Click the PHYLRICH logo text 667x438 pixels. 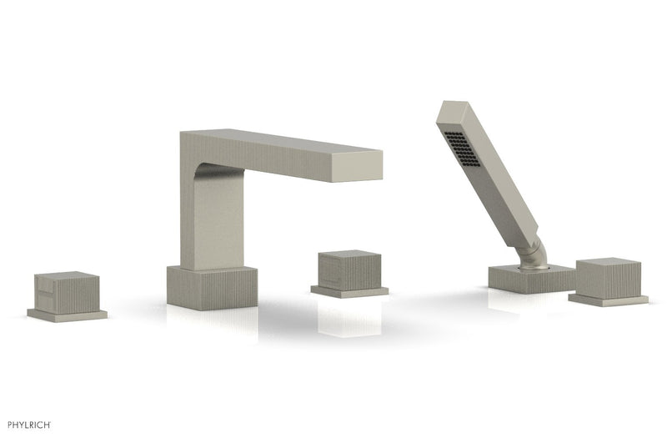click(x=29, y=425)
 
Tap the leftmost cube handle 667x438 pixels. click(x=67, y=293)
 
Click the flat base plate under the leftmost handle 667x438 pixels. click(x=68, y=315)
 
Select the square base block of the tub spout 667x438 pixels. click(x=212, y=288)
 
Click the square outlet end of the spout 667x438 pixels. click(x=356, y=166)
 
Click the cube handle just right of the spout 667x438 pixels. click(x=349, y=270)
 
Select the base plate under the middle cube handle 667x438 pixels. click(x=349, y=292)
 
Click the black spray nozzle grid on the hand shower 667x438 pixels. click(x=462, y=149)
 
